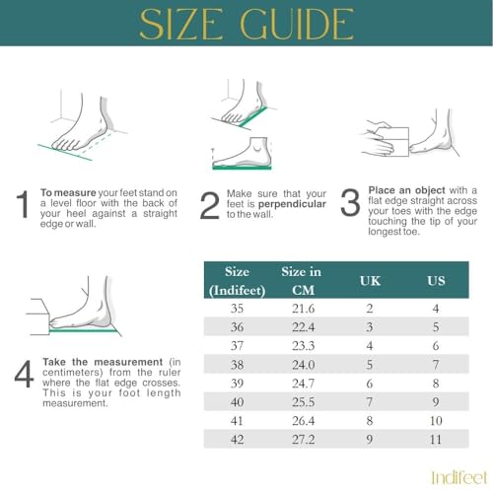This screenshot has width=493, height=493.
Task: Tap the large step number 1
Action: click(21, 205)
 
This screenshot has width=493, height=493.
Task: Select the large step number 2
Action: click(208, 205)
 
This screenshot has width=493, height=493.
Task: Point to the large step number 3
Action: click(350, 202)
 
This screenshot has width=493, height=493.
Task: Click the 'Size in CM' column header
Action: click(301, 280)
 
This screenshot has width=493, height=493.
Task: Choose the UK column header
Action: click(368, 281)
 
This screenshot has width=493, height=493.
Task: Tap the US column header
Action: click(435, 281)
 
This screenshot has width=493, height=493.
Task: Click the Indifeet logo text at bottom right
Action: click(458, 477)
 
